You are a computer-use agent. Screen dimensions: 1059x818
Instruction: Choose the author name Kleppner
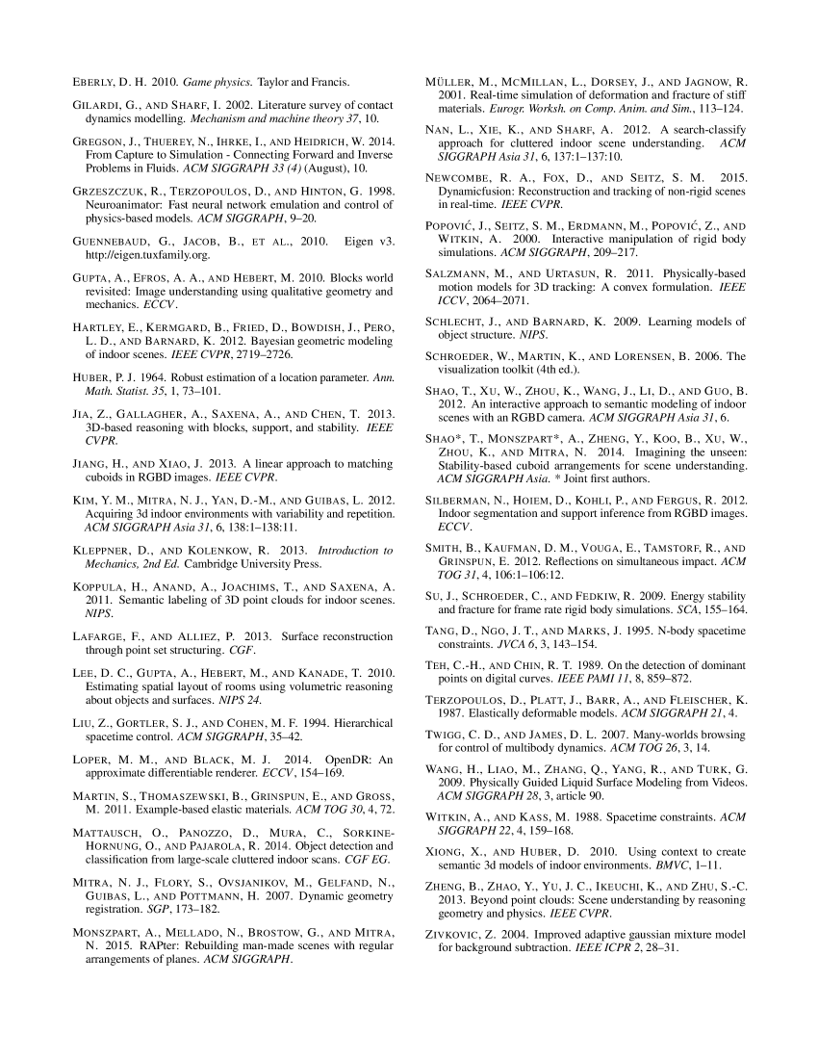(108, 551)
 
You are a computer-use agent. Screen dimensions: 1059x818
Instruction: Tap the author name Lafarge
(101, 636)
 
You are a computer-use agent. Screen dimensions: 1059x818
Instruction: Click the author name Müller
(451, 81)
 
